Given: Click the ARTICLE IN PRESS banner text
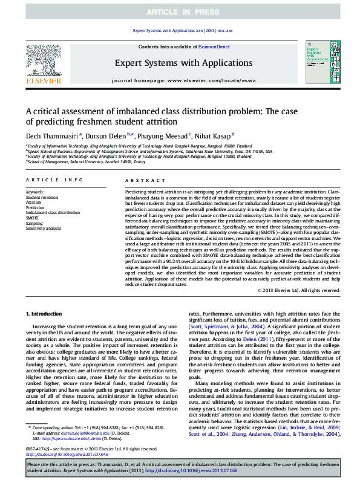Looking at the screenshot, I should pyautogui.click(x=180, y=12).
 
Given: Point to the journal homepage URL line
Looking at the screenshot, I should pyautogui.click(x=180, y=80).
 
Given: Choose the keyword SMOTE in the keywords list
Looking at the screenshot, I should pyautogui.click(x=33, y=218).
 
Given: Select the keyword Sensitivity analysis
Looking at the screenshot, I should pyautogui.click(x=44, y=229).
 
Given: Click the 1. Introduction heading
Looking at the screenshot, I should pyautogui.click(x=46, y=314).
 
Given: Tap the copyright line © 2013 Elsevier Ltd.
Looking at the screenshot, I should pyautogui.click(x=299, y=290).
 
